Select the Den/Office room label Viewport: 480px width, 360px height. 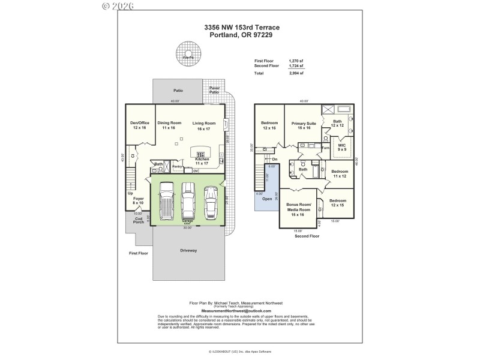coord(140,125)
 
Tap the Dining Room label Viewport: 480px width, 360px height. coord(169,125)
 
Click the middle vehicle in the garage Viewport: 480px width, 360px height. coord(188,201)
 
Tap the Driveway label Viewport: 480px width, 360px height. coord(188,250)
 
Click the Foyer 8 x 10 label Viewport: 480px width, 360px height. coord(139,201)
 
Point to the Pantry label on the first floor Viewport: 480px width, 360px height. coord(177,166)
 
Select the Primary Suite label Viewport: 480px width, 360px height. coord(301,125)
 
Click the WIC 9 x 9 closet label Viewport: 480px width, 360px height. coord(342,147)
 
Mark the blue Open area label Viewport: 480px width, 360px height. coord(267,199)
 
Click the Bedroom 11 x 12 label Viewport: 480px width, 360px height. coord(340,174)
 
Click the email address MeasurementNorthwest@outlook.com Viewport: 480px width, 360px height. coord(236,311)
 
